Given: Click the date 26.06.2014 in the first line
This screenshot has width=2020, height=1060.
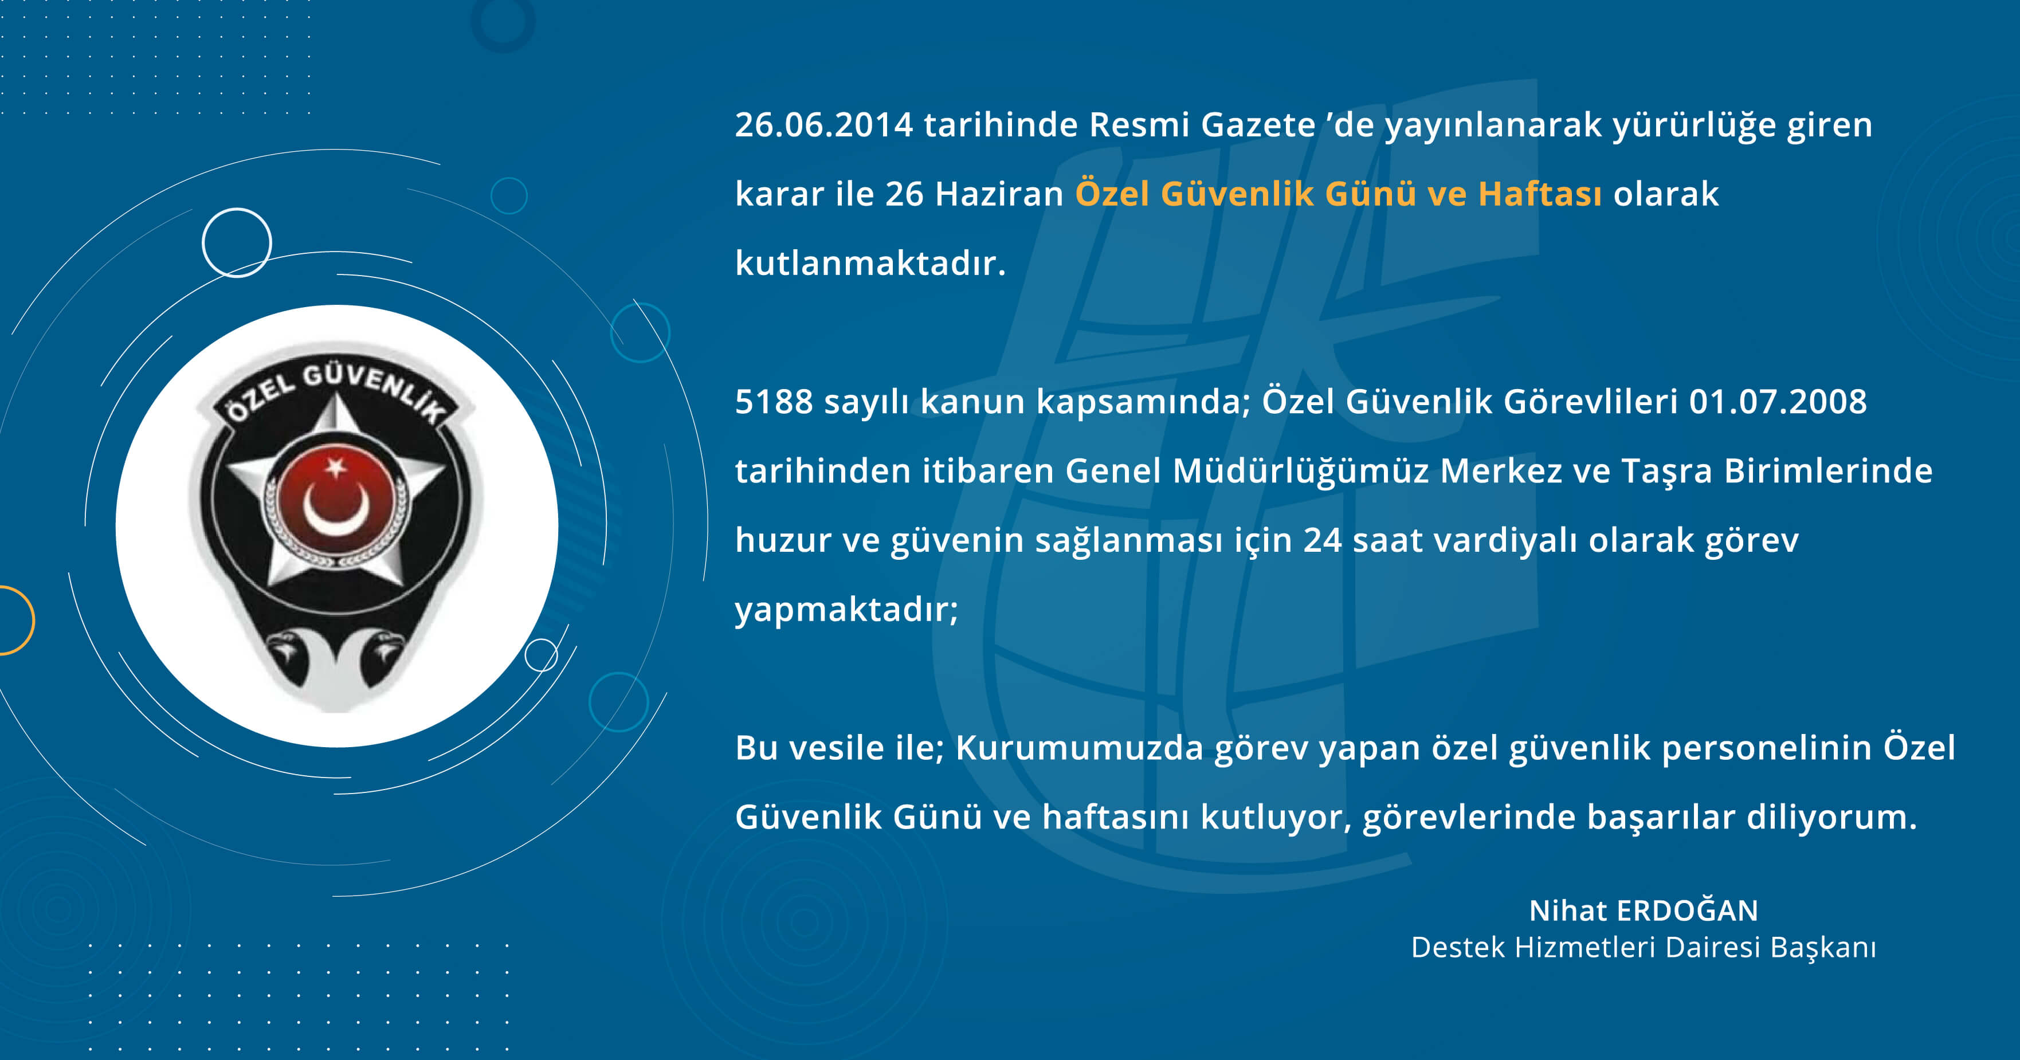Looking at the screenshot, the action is click(x=824, y=125).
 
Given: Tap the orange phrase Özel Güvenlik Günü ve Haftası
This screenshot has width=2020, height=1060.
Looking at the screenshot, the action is click(x=1337, y=194).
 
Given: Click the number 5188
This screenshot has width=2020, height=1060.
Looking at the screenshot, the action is click(x=774, y=402).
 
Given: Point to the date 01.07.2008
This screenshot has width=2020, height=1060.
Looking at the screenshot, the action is click(x=1778, y=402).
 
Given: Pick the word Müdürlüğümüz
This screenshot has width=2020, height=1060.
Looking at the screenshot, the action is click(x=1301, y=471).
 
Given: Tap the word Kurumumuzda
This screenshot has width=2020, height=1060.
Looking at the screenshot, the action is click(x=1079, y=748).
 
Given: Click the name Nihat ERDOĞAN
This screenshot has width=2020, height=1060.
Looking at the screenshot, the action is click(x=1644, y=910).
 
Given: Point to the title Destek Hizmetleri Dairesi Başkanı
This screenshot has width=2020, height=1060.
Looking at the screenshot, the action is click(x=1644, y=947).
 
